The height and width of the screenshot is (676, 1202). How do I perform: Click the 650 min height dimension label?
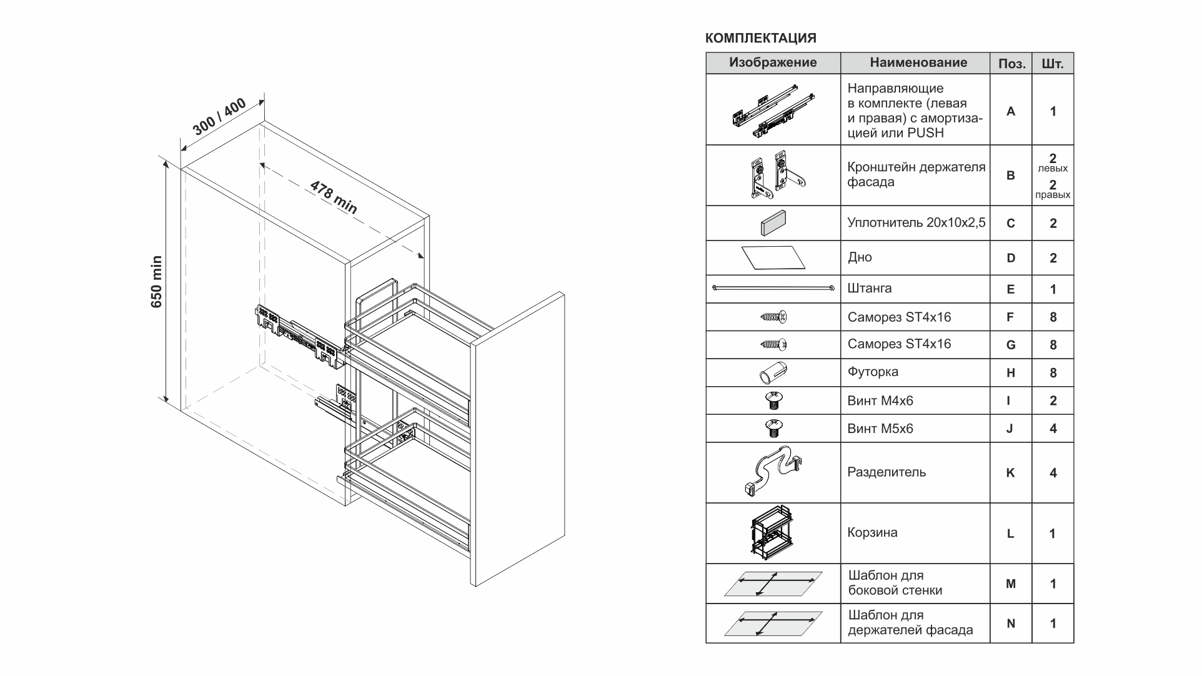click(x=156, y=282)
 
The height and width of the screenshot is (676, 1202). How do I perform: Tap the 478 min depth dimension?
click(x=334, y=197)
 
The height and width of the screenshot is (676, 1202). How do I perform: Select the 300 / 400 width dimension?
click(x=219, y=117)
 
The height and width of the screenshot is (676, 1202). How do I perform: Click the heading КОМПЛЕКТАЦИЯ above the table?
click(x=760, y=38)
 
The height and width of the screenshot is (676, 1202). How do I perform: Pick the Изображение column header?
click(x=773, y=62)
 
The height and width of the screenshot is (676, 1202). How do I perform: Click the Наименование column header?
click(x=918, y=62)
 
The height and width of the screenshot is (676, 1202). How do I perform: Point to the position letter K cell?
click(x=1010, y=473)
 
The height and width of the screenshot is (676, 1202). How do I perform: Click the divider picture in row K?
click(x=773, y=472)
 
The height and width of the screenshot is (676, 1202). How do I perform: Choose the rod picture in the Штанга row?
click(x=773, y=289)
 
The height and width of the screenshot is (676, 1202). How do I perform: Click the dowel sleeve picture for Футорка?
click(x=773, y=373)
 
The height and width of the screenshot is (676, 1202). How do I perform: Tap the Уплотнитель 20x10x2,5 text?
click(x=916, y=222)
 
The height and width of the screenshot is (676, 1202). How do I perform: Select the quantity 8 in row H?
click(x=1053, y=373)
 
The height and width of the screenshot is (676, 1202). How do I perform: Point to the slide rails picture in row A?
click(x=773, y=111)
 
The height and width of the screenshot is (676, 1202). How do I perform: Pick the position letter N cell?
click(x=1010, y=624)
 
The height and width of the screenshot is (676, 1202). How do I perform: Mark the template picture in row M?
click(x=773, y=584)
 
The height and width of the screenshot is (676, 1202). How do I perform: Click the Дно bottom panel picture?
click(x=773, y=257)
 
